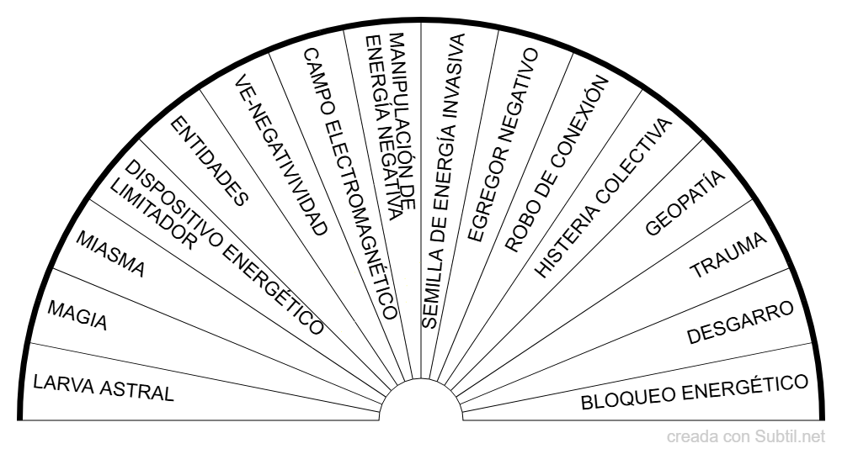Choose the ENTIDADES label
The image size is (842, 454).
[210, 161]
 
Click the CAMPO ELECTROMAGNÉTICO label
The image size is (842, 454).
[349, 182]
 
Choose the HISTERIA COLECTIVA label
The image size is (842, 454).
[605, 198]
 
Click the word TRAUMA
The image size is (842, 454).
[728, 256]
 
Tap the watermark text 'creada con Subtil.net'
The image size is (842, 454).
[745, 436]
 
